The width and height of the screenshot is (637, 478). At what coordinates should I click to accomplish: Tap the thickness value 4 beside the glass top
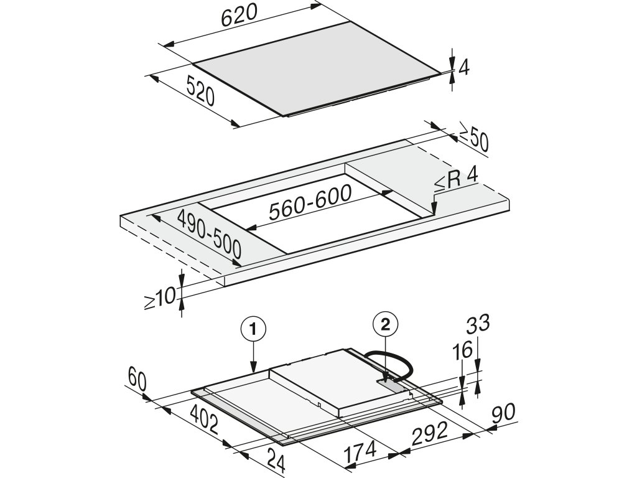pyautogui.click(x=463, y=67)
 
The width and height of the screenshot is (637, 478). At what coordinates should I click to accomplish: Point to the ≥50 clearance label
pyautogui.click(x=474, y=141)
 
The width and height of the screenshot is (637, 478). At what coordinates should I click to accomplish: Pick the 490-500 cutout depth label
pyautogui.click(x=209, y=235)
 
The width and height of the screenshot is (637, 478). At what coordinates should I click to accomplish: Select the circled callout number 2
pyautogui.click(x=386, y=324)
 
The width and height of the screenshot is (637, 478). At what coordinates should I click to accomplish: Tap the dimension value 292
pyautogui.click(x=430, y=432)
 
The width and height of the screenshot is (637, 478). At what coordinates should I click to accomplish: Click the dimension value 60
pyautogui.click(x=138, y=377)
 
